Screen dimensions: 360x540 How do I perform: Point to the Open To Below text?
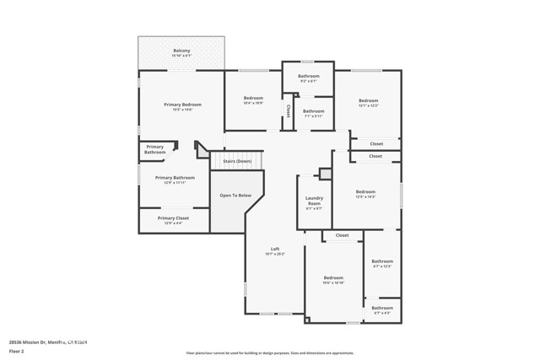pyautogui.click(x=235, y=195)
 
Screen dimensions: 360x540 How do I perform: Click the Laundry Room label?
pyautogui.click(x=314, y=203)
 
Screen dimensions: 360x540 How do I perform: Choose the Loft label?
pyautogui.click(x=274, y=250)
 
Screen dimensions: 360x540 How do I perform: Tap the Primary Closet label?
pyautogui.click(x=173, y=220)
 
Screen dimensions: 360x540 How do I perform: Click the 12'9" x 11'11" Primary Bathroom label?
pyautogui.click(x=175, y=180)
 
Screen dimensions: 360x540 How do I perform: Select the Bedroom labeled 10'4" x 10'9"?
pyautogui.click(x=253, y=100)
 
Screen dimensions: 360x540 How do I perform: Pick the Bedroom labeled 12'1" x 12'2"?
pyautogui.click(x=368, y=103)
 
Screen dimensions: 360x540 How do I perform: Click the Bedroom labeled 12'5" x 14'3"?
pyautogui.click(x=365, y=194)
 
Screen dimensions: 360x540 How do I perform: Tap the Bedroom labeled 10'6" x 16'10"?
pyautogui.click(x=333, y=280)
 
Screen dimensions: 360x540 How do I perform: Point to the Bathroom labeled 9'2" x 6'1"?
pyautogui.click(x=308, y=78)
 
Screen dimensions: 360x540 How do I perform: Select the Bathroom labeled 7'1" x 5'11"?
pyautogui.click(x=314, y=113)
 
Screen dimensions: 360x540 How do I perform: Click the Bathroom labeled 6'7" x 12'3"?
pyautogui.click(x=382, y=263)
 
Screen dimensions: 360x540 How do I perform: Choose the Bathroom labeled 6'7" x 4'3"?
pyautogui.click(x=382, y=309)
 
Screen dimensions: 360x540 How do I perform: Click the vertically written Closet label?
pyautogui.click(x=288, y=110)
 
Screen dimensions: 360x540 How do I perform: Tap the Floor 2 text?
pyautogui.click(x=18, y=350)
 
